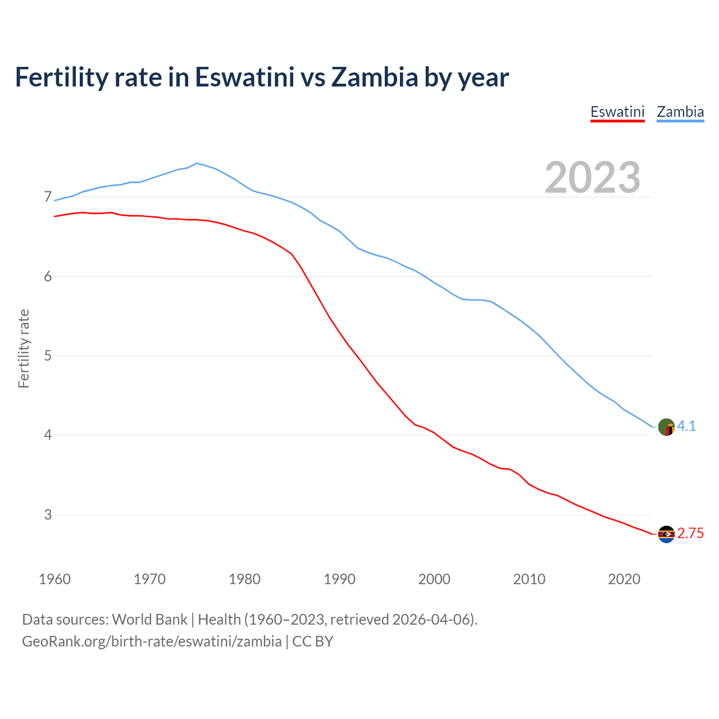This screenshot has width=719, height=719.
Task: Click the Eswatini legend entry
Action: (617, 112)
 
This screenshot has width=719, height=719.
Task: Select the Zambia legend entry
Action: (680, 112)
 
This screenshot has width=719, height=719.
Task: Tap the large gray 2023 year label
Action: (593, 178)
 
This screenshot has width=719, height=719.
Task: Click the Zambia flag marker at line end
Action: (666, 427)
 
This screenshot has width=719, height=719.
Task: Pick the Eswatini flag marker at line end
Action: (666, 534)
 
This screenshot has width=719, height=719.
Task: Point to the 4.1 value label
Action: (686, 426)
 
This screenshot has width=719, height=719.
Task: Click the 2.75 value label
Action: (690, 534)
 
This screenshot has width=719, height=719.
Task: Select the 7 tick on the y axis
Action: (48, 197)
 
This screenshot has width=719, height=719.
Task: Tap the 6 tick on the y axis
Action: (48, 276)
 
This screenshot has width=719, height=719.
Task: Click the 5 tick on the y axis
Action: (48, 356)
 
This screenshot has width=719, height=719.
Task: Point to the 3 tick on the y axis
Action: (48, 515)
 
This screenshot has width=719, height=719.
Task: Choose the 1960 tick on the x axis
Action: (54, 579)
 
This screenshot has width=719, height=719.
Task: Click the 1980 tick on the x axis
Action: (244, 579)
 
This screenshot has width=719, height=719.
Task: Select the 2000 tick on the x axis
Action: (434, 579)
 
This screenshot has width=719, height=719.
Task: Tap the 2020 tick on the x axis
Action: (624, 579)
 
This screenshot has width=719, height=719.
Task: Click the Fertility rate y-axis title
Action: (24, 348)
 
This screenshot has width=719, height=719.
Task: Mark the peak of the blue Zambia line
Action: (196, 163)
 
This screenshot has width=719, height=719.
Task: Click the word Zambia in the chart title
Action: (375, 77)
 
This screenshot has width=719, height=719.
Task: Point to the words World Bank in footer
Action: (149, 620)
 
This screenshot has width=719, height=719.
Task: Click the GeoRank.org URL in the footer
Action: (152, 641)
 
